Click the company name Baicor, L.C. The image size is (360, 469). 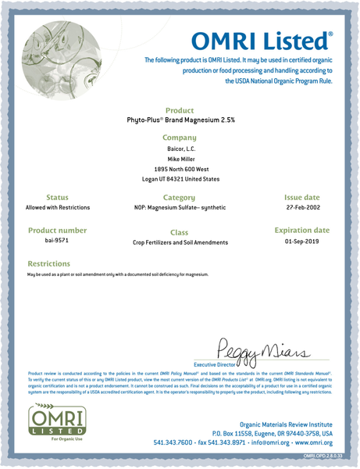180,148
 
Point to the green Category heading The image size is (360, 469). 180,199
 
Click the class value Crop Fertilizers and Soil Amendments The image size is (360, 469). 180,243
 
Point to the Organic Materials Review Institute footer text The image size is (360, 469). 279,420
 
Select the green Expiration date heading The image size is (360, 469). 301,231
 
